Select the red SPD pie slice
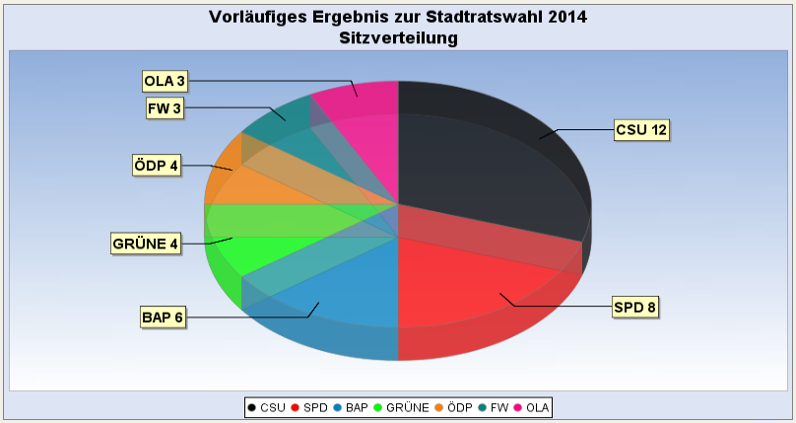pyautogui.click(x=473, y=286)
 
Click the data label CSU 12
pyautogui.click(x=640, y=130)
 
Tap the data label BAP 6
pyautogui.click(x=163, y=317)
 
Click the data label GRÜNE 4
pyautogui.click(x=146, y=243)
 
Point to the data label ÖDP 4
pyautogui.click(x=157, y=165)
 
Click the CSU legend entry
pyautogui.click(x=268, y=407)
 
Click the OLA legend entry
pyautogui.click(x=533, y=407)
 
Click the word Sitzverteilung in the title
pyautogui.click(x=398, y=38)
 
